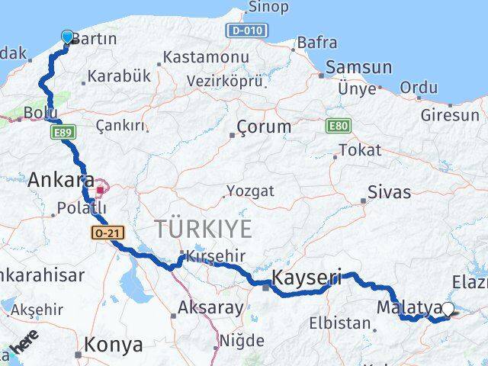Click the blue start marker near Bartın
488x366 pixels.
point(67,37)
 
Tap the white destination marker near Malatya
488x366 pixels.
point(448,309)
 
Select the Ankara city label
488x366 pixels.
point(61,181)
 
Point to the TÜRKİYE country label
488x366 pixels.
point(203,228)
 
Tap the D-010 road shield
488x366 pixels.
point(246,30)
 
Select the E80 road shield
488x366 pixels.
point(337,124)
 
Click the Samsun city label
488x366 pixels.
point(358,68)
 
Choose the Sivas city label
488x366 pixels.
point(389,192)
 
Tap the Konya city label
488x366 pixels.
point(113,345)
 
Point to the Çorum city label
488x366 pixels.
point(264,127)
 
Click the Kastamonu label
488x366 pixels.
point(206,57)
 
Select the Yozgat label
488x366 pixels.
point(250,191)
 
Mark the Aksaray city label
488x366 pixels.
point(210,309)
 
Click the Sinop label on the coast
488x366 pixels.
point(268,8)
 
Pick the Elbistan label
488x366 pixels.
point(339,323)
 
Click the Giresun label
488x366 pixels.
point(450,116)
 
